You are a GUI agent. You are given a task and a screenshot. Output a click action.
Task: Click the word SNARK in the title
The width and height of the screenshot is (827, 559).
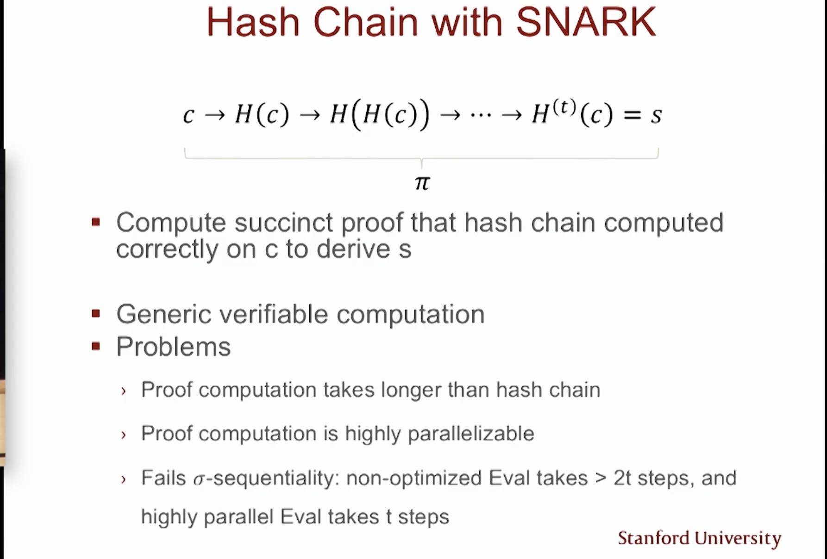(x=586, y=22)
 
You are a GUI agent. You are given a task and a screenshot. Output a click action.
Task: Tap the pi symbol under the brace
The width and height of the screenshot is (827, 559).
(x=422, y=183)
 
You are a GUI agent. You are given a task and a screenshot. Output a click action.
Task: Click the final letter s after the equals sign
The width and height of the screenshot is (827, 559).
(x=656, y=115)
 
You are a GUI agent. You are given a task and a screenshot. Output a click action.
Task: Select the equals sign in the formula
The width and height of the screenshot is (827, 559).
(x=632, y=114)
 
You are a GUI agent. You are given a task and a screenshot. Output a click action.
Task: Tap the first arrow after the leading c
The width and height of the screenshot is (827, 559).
(x=215, y=115)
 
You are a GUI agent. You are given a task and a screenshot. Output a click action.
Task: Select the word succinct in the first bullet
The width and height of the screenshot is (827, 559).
(x=283, y=223)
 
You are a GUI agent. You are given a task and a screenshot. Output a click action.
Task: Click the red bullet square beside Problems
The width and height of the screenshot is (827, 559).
(x=96, y=346)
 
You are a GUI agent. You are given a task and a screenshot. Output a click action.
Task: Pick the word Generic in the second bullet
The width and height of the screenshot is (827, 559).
(x=164, y=314)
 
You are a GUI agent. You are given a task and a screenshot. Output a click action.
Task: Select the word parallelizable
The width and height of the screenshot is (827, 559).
(x=471, y=434)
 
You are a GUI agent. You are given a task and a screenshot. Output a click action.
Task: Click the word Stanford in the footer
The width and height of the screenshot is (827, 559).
(x=654, y=538)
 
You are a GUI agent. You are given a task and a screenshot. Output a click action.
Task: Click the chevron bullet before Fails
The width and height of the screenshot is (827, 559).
(x=123, y=480)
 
